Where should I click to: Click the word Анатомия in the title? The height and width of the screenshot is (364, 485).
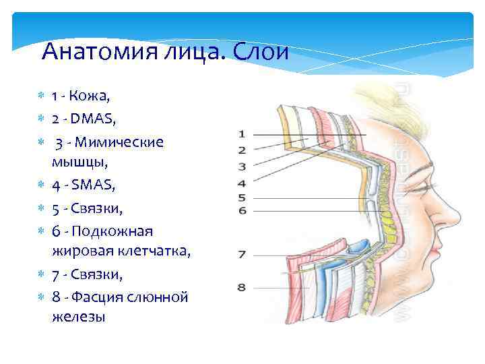pyautogui.click(x=100, y=51)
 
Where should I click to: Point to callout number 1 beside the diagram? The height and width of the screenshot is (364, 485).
pyautogui.click(x=242, y=135)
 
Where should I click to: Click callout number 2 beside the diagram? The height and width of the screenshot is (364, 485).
pyautogui.click(x=242, y=150)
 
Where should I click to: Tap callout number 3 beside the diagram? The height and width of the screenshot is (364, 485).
pyautogui.click(x=242, y=166)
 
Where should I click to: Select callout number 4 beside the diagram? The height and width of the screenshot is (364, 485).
pyautogui.click(x=242, y=183)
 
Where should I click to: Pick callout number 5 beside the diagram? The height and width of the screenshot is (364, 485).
pyautogui.click(x=242, y=198)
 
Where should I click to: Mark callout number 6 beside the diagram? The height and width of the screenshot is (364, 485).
pyautogui.click(x=242, y=211)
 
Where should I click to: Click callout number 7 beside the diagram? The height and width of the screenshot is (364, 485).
pyautogui.click(x=242, y=255)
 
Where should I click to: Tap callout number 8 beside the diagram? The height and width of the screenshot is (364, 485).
pyautogui.click(x=242, y=288)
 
